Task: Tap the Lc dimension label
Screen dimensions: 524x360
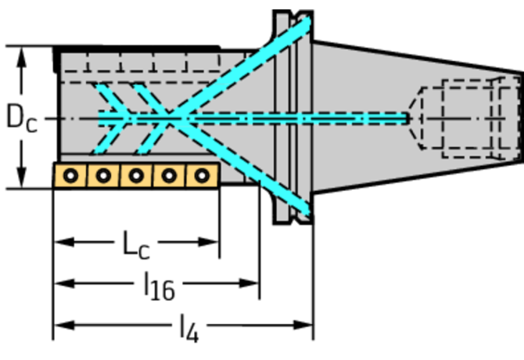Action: (136, 245)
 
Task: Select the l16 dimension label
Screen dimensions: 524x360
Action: (160, 286)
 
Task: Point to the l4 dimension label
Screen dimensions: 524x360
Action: (189, 328)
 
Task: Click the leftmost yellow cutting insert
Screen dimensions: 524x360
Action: (70, 175)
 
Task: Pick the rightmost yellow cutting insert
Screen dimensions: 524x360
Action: (203, 175)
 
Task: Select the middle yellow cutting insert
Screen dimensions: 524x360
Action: (136, 175)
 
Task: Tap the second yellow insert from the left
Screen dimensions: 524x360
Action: (103, 175)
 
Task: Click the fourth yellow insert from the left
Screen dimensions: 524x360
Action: (169, 175)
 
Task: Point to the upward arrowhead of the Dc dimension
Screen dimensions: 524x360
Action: (22, 57)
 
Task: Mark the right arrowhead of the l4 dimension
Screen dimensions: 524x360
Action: (303, 325)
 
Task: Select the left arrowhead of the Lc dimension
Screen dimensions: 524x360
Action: (64, 242)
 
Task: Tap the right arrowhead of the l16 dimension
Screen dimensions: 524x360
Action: (249, 283)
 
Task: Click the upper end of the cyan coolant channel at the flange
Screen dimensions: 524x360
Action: (307, 23)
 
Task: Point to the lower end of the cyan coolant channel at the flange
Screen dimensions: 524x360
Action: (307, 211)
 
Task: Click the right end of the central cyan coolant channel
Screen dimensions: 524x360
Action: (407, 119)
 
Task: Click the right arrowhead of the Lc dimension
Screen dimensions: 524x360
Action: (209, 242)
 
